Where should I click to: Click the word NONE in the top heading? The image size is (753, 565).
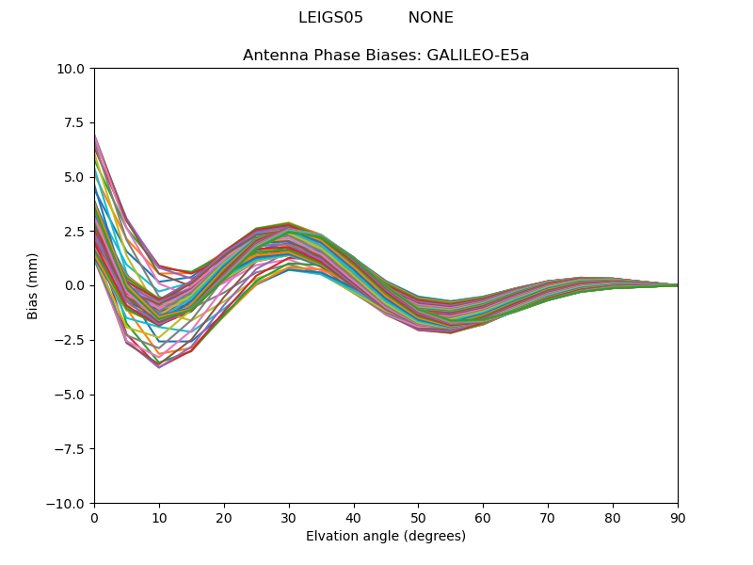coord(430,18)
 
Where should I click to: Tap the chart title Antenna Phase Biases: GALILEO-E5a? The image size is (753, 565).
coord(386,56)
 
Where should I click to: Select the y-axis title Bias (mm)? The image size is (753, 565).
coord(33,285)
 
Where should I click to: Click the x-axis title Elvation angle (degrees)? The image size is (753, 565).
coord(386,537)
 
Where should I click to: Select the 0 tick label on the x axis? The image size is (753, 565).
coord(94,517)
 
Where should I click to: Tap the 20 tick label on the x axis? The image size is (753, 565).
coord(224,517)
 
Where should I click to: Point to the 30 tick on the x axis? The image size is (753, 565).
coord(289,517)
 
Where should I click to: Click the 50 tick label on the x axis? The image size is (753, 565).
coord(418,517)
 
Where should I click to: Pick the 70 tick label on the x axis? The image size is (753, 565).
coord(548,517)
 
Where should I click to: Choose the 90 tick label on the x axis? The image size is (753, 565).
coord(678,517)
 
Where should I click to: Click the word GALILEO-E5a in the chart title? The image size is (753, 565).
coord(478,56)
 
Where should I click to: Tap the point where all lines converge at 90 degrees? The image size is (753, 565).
coord(677,285)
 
